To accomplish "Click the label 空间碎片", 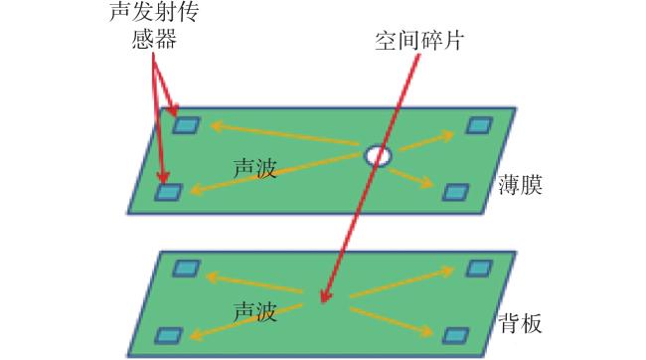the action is pos(419,41).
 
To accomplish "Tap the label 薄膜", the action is pos(520,184).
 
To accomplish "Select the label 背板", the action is pos(520,322).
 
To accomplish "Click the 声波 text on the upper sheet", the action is pos(254,168).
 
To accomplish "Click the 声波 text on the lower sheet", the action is pos(254,311).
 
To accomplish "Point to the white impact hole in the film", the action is pos(378,155).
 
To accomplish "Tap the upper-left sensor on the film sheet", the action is pos(186,125).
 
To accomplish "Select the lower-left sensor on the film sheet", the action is pos(169,192).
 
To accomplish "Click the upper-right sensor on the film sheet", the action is pos(479,125).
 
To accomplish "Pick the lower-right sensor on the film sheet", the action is pos(455,192).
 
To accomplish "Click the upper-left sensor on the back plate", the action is pos(186,269).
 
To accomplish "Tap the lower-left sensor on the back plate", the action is pos(169,335).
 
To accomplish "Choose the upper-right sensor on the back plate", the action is pos(479,269).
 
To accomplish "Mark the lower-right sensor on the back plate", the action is pos(455,335).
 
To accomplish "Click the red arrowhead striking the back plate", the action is pos(325,296).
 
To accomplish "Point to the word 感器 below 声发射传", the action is pos(154,39).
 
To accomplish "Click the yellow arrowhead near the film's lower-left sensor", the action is pos(198,191).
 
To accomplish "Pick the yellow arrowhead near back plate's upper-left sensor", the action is pos(215,276).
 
